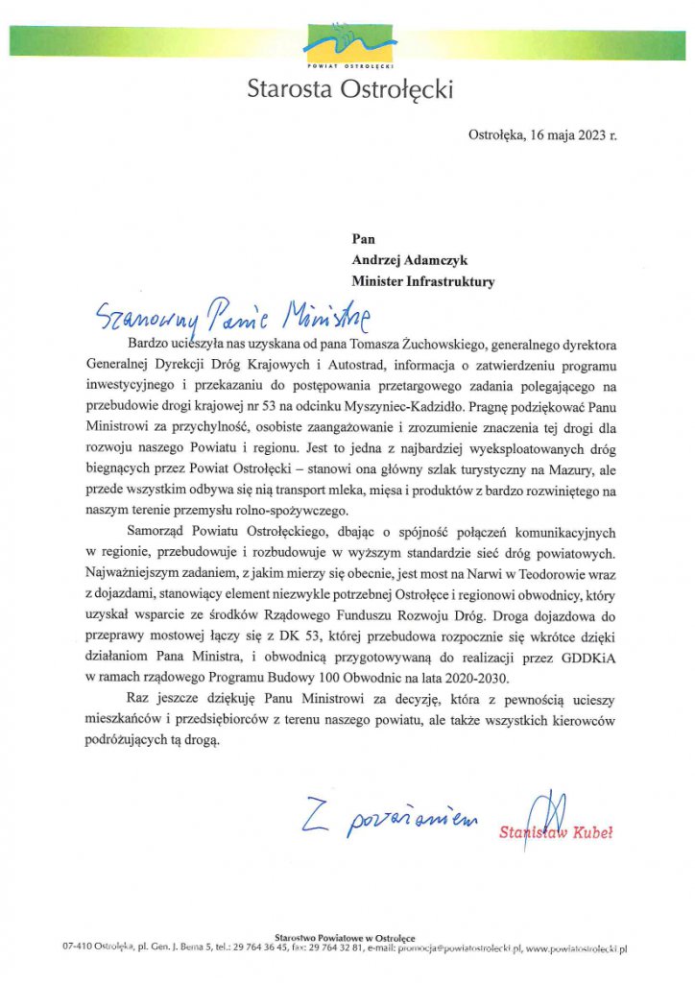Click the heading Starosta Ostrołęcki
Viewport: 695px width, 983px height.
click(348, 90)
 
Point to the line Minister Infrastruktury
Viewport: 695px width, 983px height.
click(423, 281)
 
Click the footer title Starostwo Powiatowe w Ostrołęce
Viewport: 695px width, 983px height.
click(345, 937)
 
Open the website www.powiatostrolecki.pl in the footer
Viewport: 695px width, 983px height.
click(576, 948)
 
